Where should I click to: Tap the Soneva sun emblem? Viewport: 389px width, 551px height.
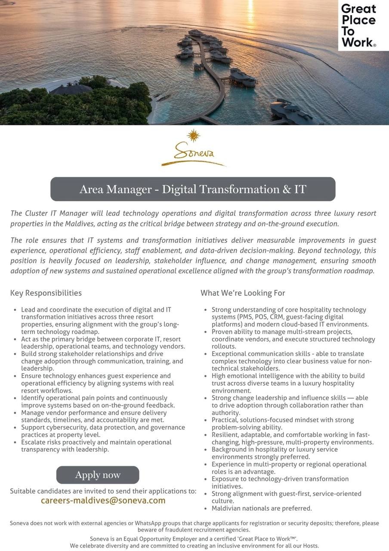(194, 135)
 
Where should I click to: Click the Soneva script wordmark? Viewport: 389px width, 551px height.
(194, 153)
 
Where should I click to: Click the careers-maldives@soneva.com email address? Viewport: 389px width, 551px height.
(103, 500)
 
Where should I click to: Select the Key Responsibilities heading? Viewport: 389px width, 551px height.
(46, 293)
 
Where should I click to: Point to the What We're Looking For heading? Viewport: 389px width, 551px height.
(243, 293)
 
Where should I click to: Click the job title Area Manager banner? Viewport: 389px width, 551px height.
(193, 189)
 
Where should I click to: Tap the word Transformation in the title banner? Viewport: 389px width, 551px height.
(238, 189)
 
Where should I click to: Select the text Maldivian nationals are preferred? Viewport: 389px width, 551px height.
(262, 508)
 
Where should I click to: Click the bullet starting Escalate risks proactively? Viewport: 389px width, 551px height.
(96, 446)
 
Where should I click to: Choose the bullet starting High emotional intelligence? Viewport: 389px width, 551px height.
(288, 383)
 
